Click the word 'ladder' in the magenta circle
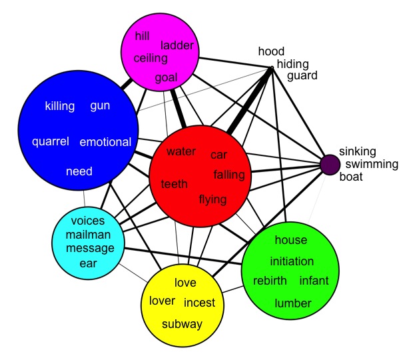tap(177, 45)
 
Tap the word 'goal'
tap(167, 78)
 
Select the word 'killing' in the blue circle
tap(60, 106)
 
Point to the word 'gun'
tap(100, 106)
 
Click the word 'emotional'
tap(105, 142)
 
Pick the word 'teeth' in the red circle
tap(174, 184)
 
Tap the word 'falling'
tap(229, 175)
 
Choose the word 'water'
tap(181, 151)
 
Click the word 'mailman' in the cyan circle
tap(88, 235)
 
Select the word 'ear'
tap(88, 263)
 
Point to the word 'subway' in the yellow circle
tap(182, 325)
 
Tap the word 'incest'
tap(199, 303)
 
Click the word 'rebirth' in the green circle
tap(270, 281)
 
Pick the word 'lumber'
tap(293, 303)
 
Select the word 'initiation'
tap(292, 261)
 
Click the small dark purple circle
tap(330, 165)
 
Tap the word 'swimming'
tap(372, 165)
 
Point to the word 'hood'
tap(271, 51)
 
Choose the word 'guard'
tap(302, 76)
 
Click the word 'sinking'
tap(358, 152)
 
